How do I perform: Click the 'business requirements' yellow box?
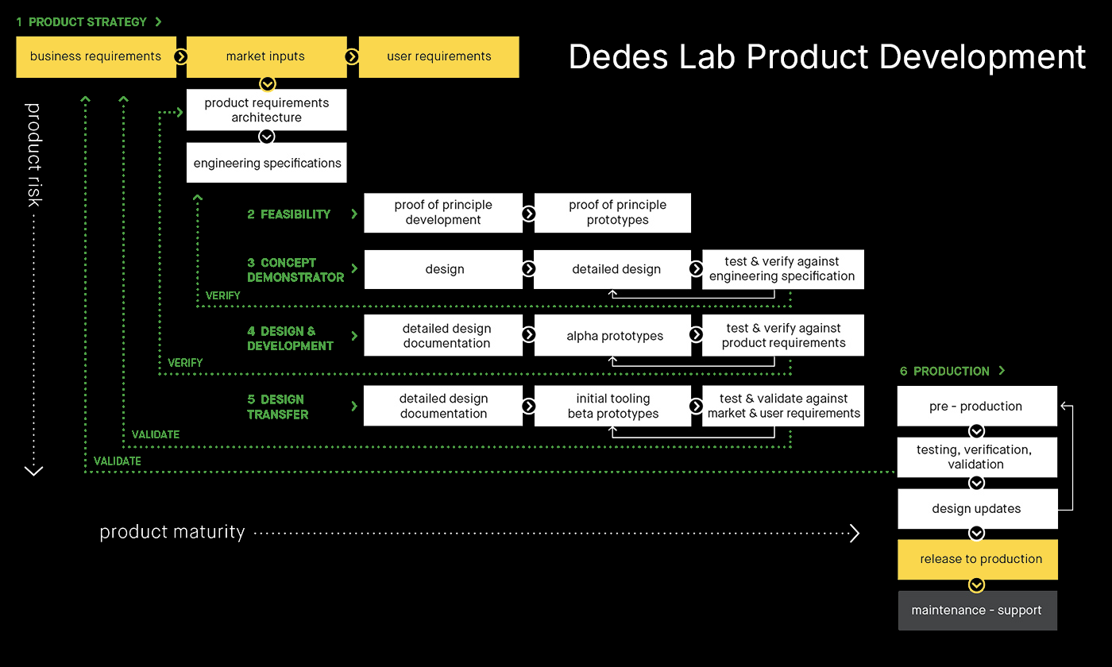point(95,56)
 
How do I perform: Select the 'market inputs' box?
point(265,56)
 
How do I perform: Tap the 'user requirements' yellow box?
point(438,56)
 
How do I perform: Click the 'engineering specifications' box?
point(267,163)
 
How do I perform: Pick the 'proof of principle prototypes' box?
point(612,213)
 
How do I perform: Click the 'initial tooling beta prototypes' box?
point(612,406)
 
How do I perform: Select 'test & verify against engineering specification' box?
point(782,269)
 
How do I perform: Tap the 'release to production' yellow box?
point(978,559)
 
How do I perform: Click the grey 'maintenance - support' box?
point(978,611)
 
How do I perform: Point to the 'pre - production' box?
point(976,407)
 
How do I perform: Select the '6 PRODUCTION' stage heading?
point(945,371)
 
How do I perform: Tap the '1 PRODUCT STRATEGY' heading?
point(81,22)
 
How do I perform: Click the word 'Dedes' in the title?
point(620,57)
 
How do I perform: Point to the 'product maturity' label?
point(172,532)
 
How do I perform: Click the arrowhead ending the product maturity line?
point(855,533)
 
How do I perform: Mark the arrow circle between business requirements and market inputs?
point(181,56)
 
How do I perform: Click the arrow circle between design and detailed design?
point(528,269)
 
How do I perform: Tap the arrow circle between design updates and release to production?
point(977,534)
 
